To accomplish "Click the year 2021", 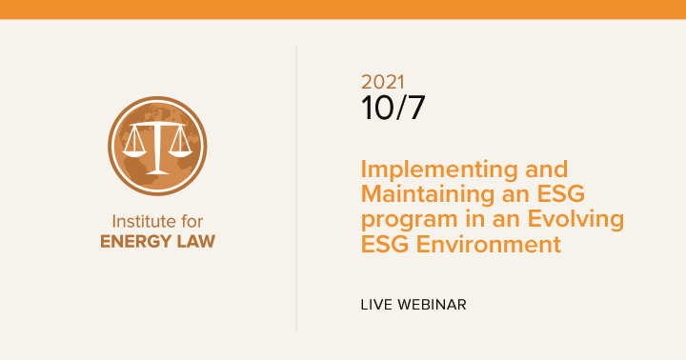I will click(x=384, y=82).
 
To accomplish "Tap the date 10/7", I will click(x=393, y=108).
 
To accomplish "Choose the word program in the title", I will click(x=402, y=220).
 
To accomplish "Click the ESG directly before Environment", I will click(x=385, y=244).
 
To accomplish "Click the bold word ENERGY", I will click(x=139, y=241).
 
